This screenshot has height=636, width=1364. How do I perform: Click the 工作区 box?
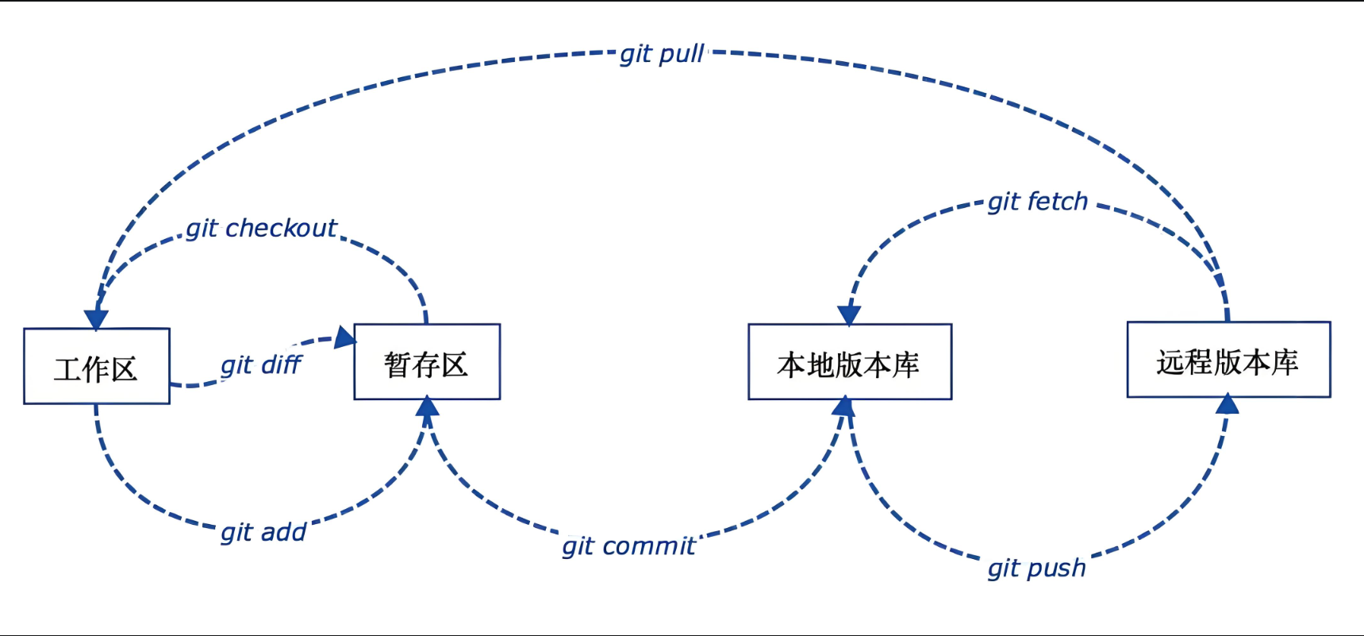[x=97, y=366]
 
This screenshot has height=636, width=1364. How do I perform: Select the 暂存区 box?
[x=427, y=362]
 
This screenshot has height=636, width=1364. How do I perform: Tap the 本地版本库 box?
[x=850, y=362]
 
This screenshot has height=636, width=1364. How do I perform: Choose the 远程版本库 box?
[x=1228, y=360]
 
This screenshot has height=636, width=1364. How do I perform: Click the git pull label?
[x=662, y=54]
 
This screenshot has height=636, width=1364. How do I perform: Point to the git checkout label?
[x=261, y=229]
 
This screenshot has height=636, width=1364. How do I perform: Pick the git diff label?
[x=261, y=365]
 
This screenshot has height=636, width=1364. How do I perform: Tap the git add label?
[x=263, y=532]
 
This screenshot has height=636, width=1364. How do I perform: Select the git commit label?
[x=628, y=546]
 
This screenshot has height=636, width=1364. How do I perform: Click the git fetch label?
[x=1037, y=202]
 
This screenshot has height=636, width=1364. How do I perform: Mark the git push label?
[x=1036, y=569]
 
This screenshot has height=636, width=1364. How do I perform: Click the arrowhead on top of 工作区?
[x=96, y=319]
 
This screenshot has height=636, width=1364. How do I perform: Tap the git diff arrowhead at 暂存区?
[x=345, y=337]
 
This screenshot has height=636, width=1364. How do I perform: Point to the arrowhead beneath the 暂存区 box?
[x=428, y=408]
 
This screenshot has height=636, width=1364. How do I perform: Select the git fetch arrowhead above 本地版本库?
[x=849, y=314]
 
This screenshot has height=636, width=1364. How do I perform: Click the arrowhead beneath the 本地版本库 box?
[x=843, y=407]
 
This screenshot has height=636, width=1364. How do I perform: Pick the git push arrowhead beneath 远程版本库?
[x=1228, y=405]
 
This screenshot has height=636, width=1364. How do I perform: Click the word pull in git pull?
[x=682, y=54]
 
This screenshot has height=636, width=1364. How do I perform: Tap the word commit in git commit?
[x=648, y=546]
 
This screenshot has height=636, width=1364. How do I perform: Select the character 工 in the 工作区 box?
[x=67, y=369]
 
